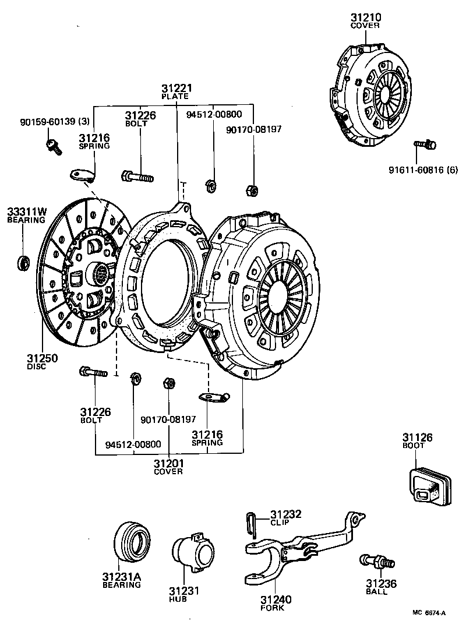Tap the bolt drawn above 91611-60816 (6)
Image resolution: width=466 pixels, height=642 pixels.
click(425, 143)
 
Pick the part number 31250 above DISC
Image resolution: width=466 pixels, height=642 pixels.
click(41, 358)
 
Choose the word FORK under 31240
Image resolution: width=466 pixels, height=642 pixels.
click(272, 608)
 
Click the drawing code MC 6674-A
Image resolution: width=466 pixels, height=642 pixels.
click(429, 613)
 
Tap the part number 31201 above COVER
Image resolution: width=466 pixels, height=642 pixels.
click(168, 463)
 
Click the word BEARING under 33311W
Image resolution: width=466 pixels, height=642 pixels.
click(26, 220)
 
